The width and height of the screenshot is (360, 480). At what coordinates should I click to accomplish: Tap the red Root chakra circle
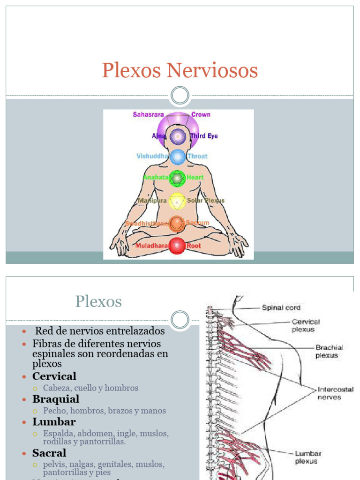click(x=177, y=246)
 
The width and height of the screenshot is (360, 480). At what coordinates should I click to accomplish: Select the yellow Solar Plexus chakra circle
click(x=177, y=201)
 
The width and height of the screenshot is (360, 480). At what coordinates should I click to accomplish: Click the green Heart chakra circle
click(x=177, y=178)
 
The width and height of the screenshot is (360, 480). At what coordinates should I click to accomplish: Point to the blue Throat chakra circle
click(x=177, y=157)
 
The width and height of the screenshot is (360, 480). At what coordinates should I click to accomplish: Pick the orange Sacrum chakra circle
click(x=177, y=224)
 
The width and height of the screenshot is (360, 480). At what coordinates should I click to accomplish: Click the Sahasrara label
click(x=149, y=114)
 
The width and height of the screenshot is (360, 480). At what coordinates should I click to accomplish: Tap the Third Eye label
click(x=204, y=136)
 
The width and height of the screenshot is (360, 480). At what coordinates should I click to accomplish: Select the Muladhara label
click(x=151, y=246)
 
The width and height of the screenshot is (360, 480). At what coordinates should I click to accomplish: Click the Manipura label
click(x=153, y=201)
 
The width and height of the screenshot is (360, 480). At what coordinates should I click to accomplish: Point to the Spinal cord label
click(x=281, y=308)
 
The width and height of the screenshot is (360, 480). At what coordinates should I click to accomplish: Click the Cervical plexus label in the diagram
click(x=306, y=325)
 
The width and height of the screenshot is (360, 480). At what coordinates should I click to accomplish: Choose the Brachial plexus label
click(x=329, y=352)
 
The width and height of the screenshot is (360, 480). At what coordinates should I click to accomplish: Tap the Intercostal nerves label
click(x=336, y=393)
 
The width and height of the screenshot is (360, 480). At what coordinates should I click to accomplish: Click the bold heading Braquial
click(x=56, y=399)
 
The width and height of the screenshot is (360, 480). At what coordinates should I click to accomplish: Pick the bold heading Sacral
click(x=49, y=453)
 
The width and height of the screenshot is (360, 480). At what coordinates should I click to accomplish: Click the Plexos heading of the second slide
click(x=98, y=301)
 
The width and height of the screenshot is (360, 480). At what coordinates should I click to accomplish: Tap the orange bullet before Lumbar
click(x=25, y=422)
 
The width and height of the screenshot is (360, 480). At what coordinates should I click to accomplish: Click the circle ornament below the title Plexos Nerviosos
click(x=180, y=96)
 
